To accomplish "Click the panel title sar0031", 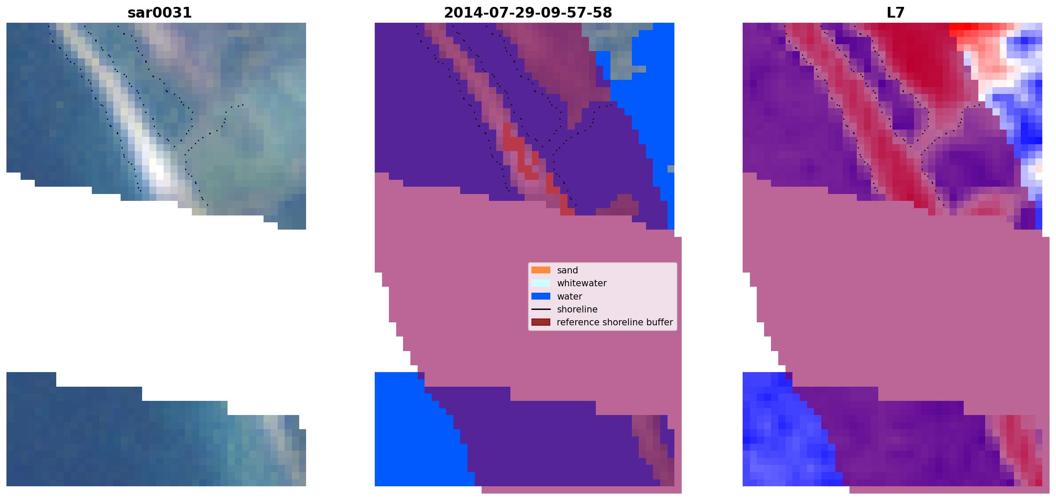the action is click(x=159, y=13).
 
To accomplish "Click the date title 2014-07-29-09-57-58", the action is click(x=528, y=13).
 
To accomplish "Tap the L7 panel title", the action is click(x=895, y=13).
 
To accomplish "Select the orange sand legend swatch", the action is click(x=540, y=270).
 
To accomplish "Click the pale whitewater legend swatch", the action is click(x=540, y=283).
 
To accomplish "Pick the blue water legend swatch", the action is click(x=540, y=296).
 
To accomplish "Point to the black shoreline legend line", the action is click(x=540, y=309).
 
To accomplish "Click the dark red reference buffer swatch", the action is click(x=540, y=322).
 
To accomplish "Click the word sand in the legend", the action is click(x=567, y=270).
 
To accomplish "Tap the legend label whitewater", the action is click(x=582, y=283).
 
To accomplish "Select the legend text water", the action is click(x=570, y=297).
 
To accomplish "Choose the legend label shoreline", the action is click(x=577, y=309).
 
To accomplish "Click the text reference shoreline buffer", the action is click(x=615, y=322).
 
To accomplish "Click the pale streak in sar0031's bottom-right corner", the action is click(x=283, y=446).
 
